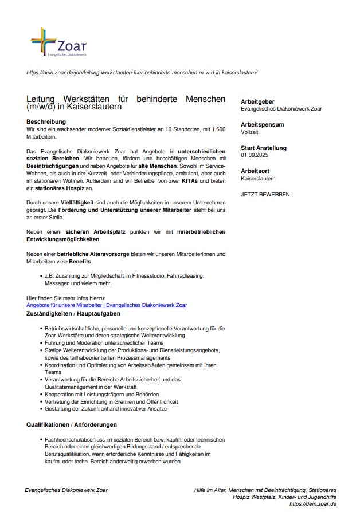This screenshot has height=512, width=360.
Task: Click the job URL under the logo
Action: tap(142, 73)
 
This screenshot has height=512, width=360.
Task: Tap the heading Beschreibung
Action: tap(46, 122)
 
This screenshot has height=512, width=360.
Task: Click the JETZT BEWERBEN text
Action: tap(265, 195)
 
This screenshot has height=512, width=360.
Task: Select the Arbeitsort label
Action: tap(255, 171)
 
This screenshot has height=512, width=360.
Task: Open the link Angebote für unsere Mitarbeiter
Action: tap(107, 305)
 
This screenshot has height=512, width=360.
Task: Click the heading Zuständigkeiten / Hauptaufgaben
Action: tap(73, 314)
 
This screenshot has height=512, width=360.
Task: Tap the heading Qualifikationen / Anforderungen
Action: tap(72, 424)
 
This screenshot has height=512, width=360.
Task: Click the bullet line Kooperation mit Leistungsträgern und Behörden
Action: tap(102, 394)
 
